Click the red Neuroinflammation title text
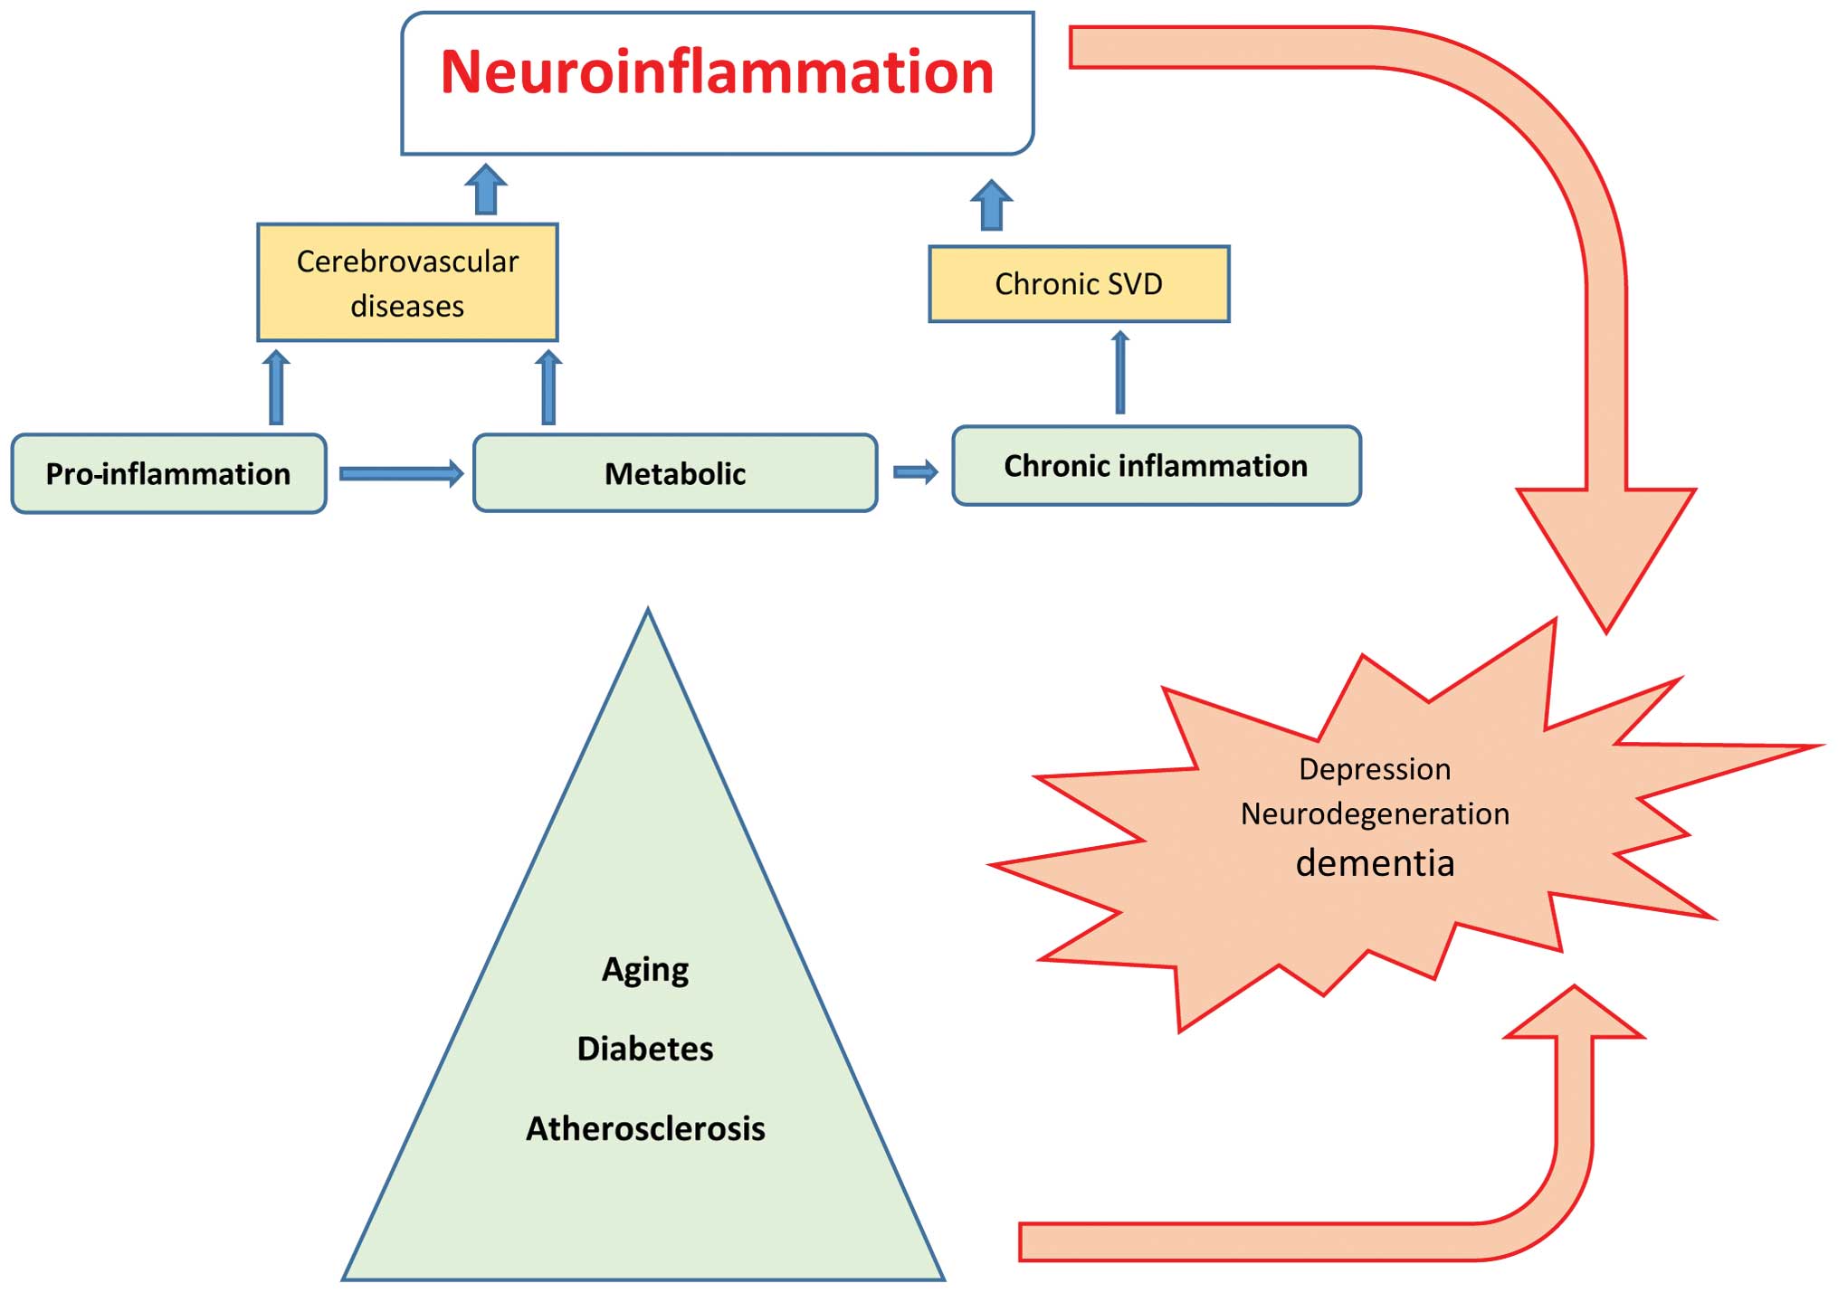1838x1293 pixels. click(717, 72)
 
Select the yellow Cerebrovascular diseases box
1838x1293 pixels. click(407, 283)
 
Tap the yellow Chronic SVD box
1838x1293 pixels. click(1079, 284)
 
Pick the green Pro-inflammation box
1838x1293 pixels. click(168, 474)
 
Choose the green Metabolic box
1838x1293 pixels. click(675, 474)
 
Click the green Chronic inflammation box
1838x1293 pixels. click(1156, 466)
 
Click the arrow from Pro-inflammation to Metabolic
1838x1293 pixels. click(401, 473)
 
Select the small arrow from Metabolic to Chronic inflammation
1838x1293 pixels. click(915, 471)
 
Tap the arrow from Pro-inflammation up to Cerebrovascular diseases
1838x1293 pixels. click(277, 388)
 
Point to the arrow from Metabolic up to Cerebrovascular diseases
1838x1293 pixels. click(548, 388)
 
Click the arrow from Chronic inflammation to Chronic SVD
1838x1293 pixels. click(1120, 372)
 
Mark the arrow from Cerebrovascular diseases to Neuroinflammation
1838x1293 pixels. click(486, 189)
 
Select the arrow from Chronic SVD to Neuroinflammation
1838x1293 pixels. click(991, 204)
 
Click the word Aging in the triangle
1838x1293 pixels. click(645, 970)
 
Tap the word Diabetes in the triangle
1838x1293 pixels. click(645, 1049)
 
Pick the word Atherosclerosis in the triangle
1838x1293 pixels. click(645, 1128)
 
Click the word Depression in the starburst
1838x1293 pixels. click(1375, 769)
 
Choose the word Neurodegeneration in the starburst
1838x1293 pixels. click(1375, 814)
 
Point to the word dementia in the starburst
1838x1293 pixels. click(1375, 863)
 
